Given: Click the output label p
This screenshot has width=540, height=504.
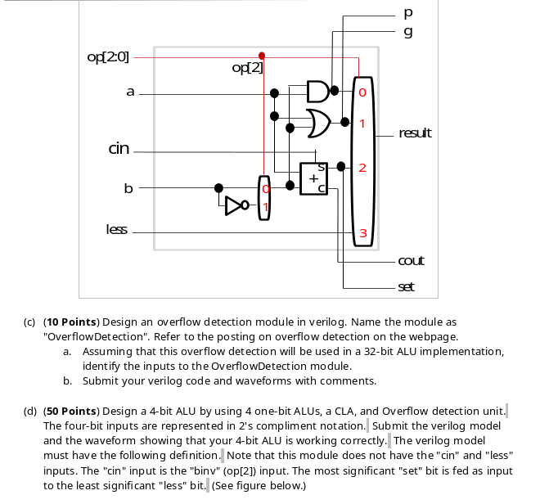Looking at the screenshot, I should pyautogui.click(x=408, y=14).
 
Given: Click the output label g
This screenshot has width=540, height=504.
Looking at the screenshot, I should pyautogui.click(x=408, y=32).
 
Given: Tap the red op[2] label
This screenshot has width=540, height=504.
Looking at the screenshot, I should pyautogui.click(x=248, y=68).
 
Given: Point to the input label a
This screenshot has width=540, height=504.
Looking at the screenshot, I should pyautogui.click(x=129, y=92).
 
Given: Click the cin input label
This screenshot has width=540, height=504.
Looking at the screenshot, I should pyautogui.click(x=119, y=149).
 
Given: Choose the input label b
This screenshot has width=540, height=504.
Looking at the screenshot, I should pyautogui.click(x=128, y=188).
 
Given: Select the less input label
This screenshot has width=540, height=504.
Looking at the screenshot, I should pyautogui.click(x=116, y=230).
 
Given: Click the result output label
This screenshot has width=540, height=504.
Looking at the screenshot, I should pyautogui.click(x=415, y=133).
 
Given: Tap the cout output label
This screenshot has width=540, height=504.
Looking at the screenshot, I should pyautogui.click(x=411, y=261).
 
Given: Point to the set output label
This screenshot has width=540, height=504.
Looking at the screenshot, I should pyautogui.click(x=407, y=286).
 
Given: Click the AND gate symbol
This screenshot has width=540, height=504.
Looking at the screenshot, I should pyautogui.click(x=317, y=91).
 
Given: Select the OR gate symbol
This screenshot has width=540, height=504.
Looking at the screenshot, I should pyautogui.click(x=317, y=123).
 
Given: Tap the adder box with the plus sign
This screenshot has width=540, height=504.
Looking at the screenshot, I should pyautogui.click(x=314, y=177).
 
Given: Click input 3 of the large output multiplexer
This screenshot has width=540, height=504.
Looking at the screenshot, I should pyautogui.click(x=362, y=234).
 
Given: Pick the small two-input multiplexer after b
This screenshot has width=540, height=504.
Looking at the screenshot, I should pyautogui.click(x=263, y=197).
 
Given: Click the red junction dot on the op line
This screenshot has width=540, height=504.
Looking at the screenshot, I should pyautogui.click(x=261, y=56).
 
